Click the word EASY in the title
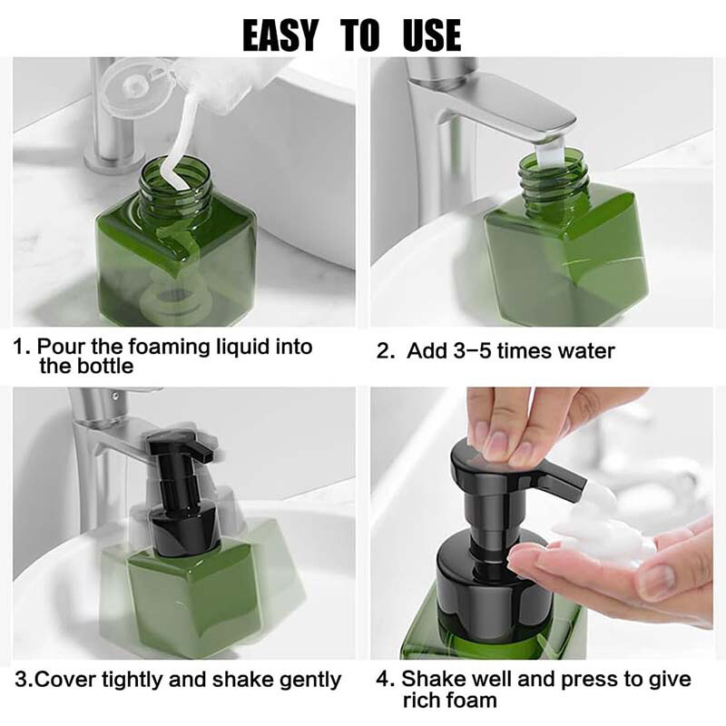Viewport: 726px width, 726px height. (x=280, y=34)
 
